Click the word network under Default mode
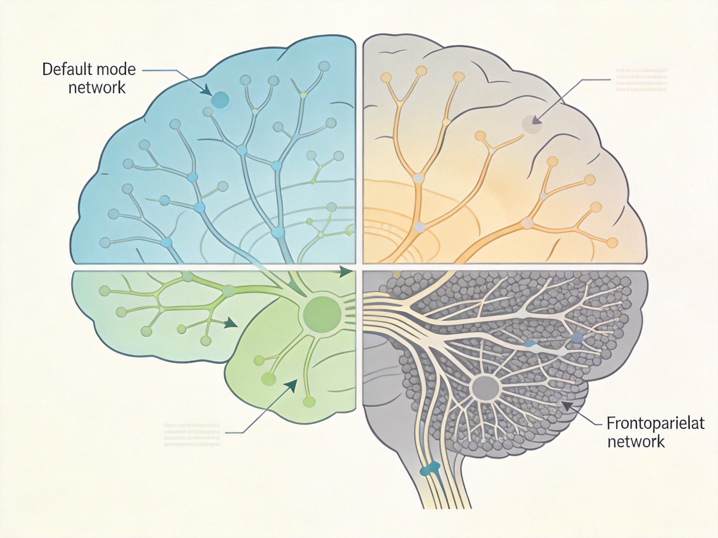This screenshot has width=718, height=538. coord(97,87)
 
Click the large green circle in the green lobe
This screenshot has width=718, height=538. coord(322,313)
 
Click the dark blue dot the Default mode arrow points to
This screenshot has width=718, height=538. coord(220,100)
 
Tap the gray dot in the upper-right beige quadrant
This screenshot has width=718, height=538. coord(532,124)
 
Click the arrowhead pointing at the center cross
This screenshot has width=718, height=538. coord(346,272)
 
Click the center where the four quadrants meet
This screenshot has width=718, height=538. coord(359,267)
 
